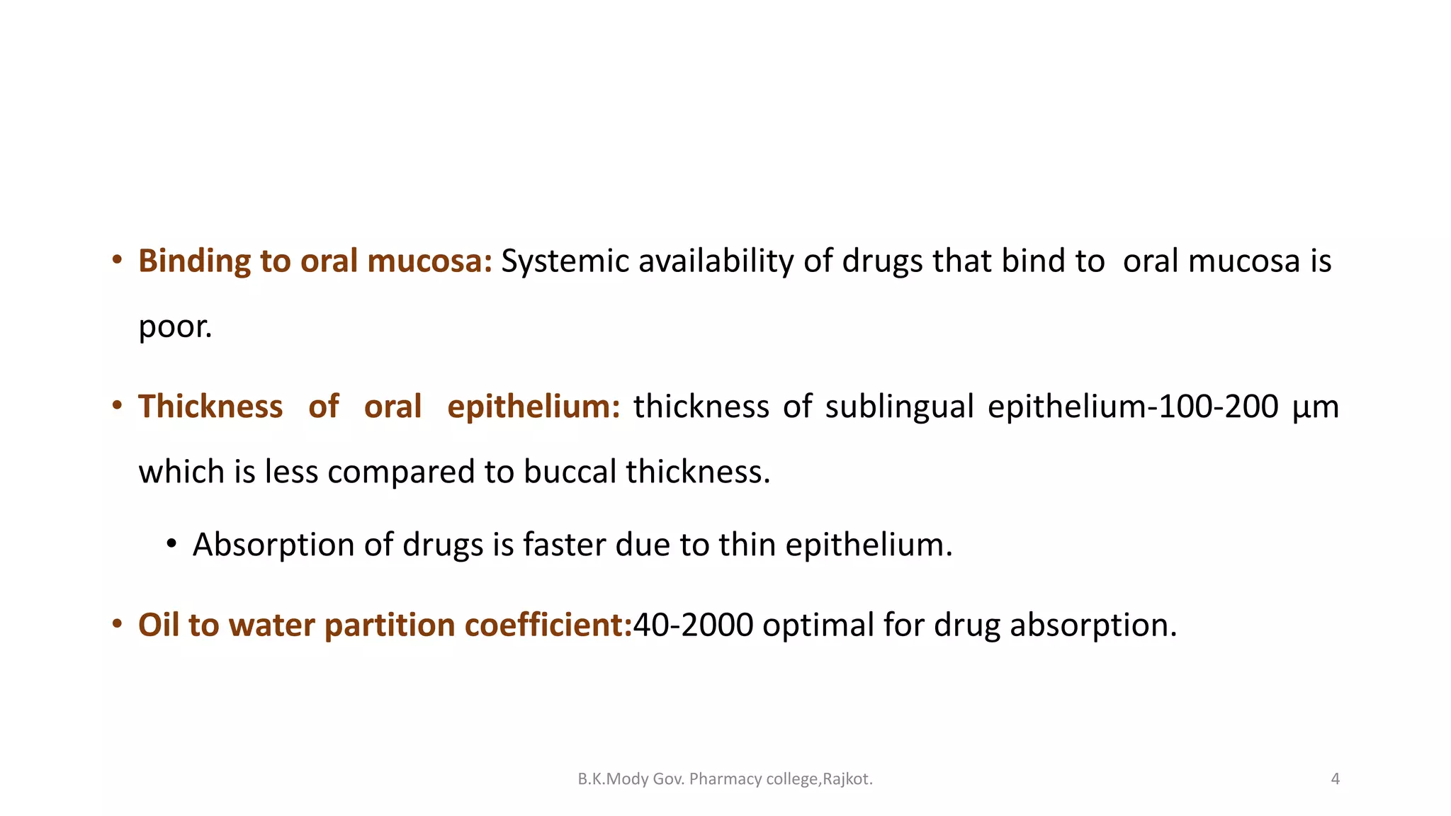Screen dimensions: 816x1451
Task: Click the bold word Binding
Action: coord(194,261)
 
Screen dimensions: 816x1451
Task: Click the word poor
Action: coord(174,327)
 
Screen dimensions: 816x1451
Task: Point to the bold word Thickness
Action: coord(210,407)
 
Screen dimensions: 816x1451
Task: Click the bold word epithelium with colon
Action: coord(533,407)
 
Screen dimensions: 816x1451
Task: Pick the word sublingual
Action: coord(899,407)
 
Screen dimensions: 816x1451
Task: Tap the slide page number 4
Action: coord(1336,779)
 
